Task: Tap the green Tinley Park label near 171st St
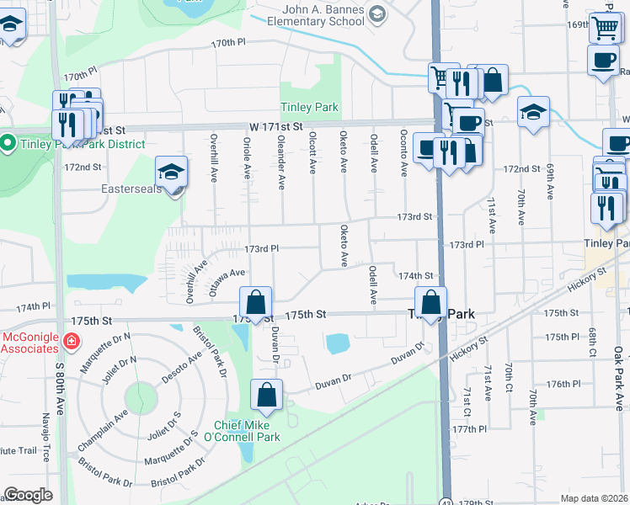(x=309, y=108)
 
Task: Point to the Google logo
(x=28, y=495)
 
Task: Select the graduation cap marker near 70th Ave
(x=533, y=112)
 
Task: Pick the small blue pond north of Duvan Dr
(x=338, y=343)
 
